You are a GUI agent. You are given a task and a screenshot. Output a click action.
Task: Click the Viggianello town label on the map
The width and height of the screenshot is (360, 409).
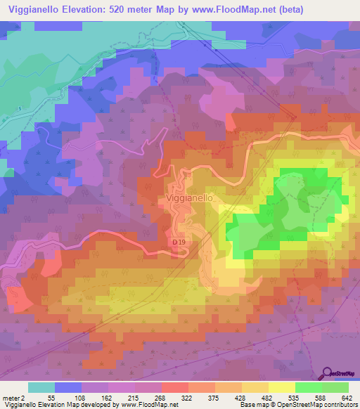pyautogui.click(x=190, y=199)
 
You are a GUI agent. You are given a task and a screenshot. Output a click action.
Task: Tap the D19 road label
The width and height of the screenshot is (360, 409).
pyautogui.click(x=179, y=242)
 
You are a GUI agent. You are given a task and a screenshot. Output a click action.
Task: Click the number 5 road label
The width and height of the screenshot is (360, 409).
pyautogui.click(x=20, y=108)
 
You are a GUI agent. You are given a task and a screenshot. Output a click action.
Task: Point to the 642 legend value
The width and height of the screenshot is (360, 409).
pyautogui.click(x=345, y=398)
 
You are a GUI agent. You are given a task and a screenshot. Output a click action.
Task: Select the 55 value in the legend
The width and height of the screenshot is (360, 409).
pyautogui.click(x=51, y=398)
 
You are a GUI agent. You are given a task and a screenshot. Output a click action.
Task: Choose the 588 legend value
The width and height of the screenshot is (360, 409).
pyautogui.click(x=319, y=398)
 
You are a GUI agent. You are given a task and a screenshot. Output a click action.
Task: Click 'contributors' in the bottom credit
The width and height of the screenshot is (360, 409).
pyautogui.click(x=336, y=405)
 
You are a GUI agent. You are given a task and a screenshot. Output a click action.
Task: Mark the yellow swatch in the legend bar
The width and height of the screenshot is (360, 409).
pyautogui.click(x=281, y=387)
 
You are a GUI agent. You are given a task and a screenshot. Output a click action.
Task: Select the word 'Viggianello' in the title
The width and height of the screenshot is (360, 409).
pyautogui.click(x=36, y=8)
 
